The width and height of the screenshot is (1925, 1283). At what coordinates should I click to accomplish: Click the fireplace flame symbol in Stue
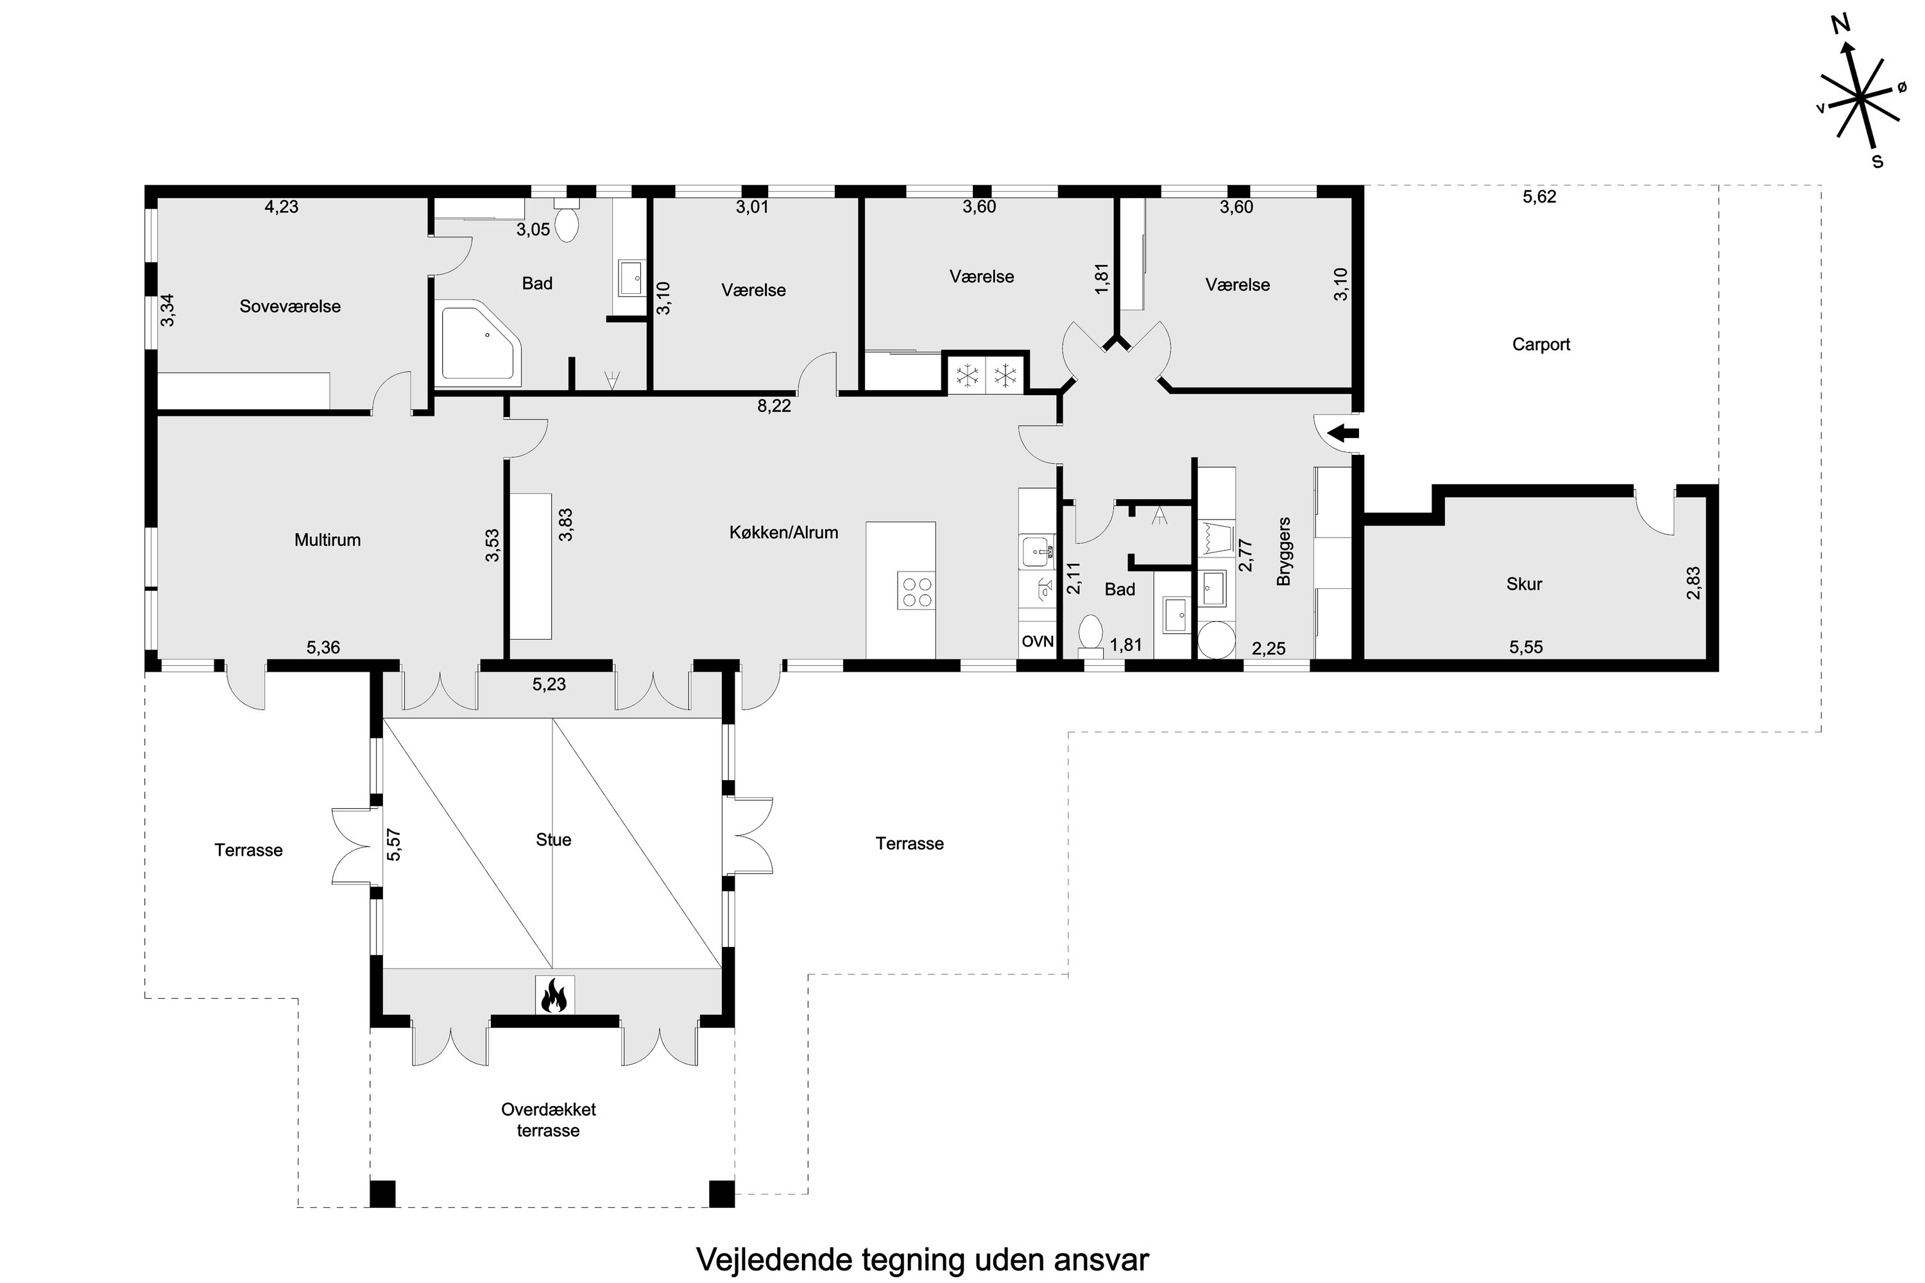[554, 995]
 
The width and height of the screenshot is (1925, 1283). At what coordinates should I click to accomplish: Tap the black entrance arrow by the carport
[1343, 433]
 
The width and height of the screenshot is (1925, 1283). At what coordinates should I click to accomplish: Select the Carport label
[1541, 344]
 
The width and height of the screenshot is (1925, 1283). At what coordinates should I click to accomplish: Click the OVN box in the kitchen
[1037, 641]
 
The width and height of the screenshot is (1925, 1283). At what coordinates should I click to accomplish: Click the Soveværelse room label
[290, 306]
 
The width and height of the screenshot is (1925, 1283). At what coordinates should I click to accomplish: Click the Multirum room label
[327, 540]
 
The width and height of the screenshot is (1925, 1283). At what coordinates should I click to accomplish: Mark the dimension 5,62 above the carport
[1539, 196]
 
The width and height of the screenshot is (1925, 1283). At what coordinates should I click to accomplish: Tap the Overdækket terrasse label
[549, 1119]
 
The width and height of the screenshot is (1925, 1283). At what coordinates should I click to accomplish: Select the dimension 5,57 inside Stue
[394, 844]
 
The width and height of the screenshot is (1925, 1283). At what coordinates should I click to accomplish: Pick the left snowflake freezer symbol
[968, 377]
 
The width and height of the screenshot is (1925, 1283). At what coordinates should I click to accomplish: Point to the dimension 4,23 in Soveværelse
[281, 207]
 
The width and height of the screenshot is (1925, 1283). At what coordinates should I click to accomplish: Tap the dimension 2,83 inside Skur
[1693, 582]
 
